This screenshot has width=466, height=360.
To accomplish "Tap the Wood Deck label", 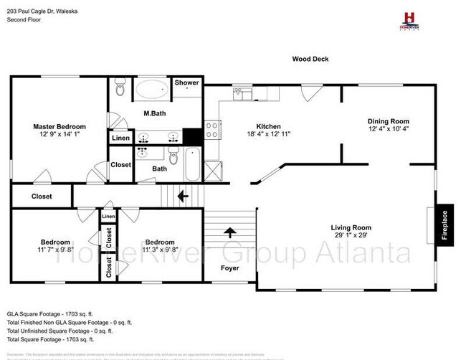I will coord(310,60).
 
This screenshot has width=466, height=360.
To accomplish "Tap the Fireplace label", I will coord(444,224).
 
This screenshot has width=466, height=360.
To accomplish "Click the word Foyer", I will coord(230,268).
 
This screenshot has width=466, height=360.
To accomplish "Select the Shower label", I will coord(188,83).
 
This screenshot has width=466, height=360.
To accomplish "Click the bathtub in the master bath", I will coord(151,91).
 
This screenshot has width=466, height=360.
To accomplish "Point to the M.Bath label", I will coord(155,113).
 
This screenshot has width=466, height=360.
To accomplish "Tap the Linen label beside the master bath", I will coord(120,138).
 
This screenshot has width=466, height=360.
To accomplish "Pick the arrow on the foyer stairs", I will coord(230,232).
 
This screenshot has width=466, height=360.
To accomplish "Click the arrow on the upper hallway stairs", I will coord(183,194).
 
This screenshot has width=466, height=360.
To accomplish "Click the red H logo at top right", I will coord(409,18).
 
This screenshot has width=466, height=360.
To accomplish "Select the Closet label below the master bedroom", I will coord(42,196).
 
